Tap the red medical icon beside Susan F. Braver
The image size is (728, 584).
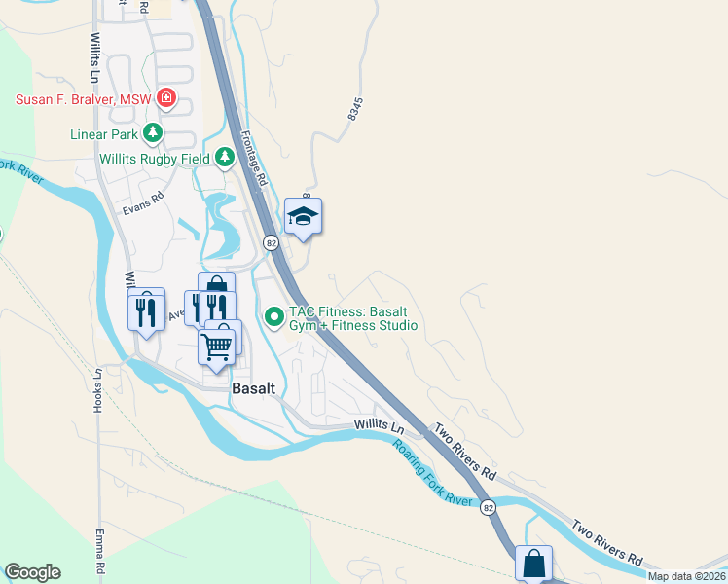(166, 97)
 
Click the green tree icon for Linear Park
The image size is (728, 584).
(152, 132)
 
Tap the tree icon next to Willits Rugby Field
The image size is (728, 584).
(225, 156)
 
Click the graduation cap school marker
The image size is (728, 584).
(303, 217)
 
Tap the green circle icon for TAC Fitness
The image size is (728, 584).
(274, 315)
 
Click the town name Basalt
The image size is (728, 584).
(253, 387)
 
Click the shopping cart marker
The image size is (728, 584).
(217, 345)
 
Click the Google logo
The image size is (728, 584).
(32, 572)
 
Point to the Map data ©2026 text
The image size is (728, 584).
(685, 576)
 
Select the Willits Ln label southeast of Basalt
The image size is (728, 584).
(379, 425)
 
